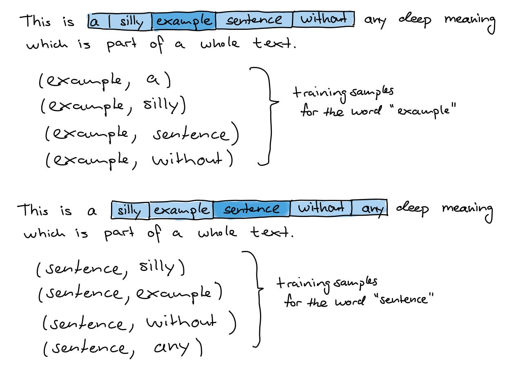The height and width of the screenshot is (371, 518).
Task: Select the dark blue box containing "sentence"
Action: click(x=251, y=209)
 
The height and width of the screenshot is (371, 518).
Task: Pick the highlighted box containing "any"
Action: click(x=370, y=208)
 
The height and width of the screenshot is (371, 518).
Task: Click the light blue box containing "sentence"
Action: click(x=253, y=20)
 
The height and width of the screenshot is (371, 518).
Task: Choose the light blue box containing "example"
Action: click(x=181, y=210)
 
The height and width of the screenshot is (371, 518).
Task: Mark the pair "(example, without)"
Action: click(x=139, y=161)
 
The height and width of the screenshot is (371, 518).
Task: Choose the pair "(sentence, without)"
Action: click(x=139, y=323)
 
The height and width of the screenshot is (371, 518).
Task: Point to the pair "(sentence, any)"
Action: click(x=122, y=348)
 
